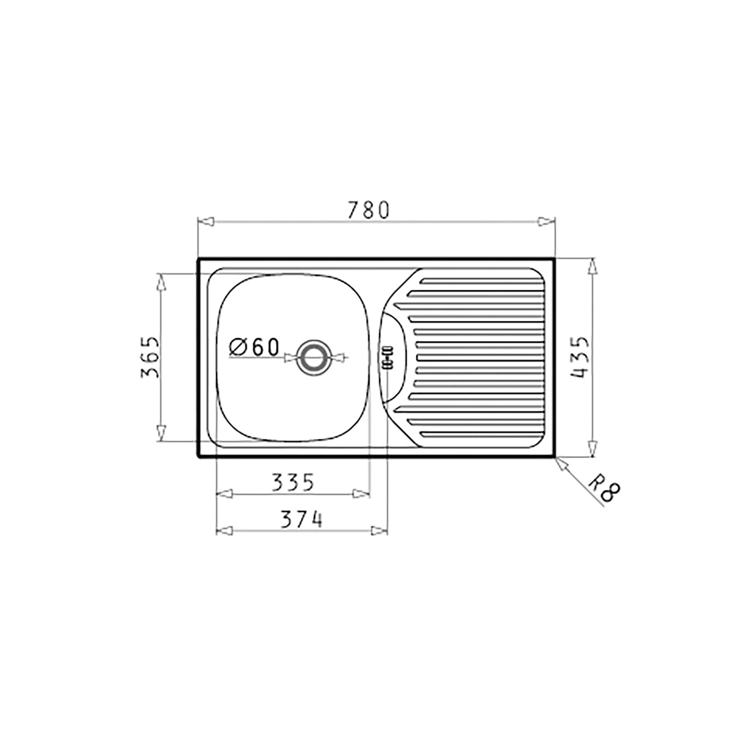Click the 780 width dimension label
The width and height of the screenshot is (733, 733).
(x=368, y=210)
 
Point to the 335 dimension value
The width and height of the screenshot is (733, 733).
(x=292, y=483)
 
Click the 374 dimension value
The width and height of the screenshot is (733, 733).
(x=302, y=519)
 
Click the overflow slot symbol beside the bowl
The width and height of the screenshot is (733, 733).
(x=387, y=358)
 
